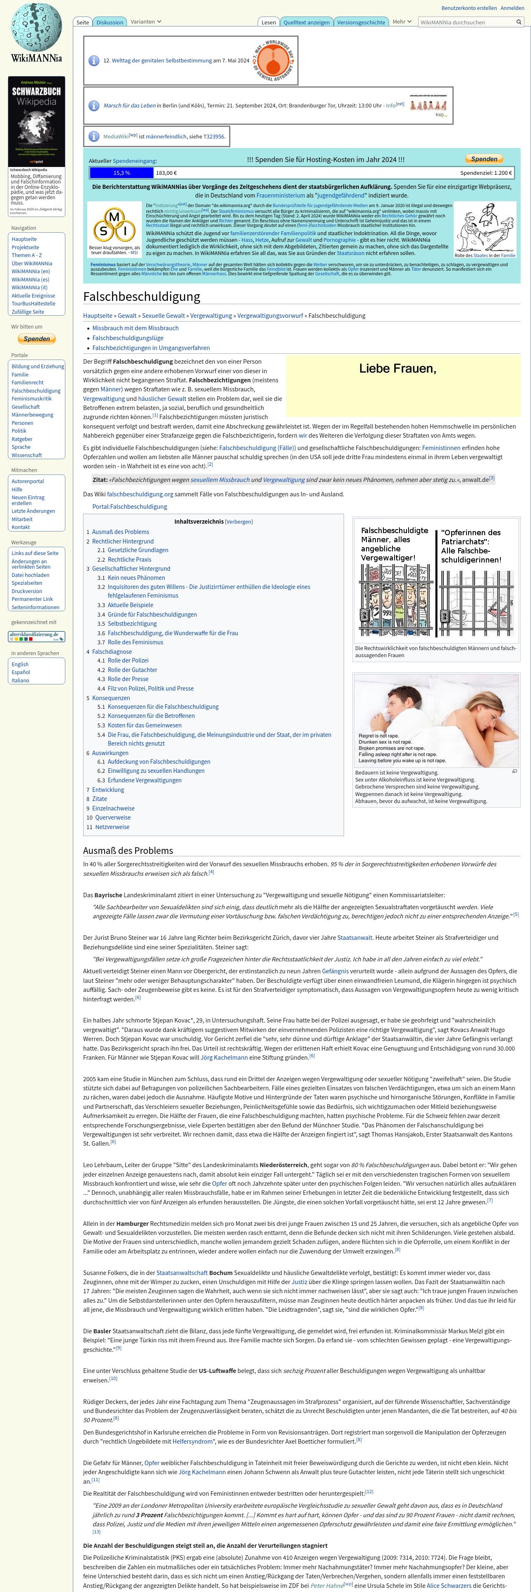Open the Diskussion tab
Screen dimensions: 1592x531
110,22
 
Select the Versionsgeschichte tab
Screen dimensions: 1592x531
361,22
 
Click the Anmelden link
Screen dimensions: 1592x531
512,8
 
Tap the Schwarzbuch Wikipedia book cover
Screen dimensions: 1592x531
36,121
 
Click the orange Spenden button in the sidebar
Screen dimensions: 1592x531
36,338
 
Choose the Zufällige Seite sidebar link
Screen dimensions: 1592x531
28,312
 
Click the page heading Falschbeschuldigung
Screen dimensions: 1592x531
141,297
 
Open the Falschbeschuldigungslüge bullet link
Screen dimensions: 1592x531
128,338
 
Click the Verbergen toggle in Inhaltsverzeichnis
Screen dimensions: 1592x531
239,522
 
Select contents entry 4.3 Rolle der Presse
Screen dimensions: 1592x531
128,679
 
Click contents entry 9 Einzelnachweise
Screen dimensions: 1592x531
113,808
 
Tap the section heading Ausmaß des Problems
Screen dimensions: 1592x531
128,851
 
